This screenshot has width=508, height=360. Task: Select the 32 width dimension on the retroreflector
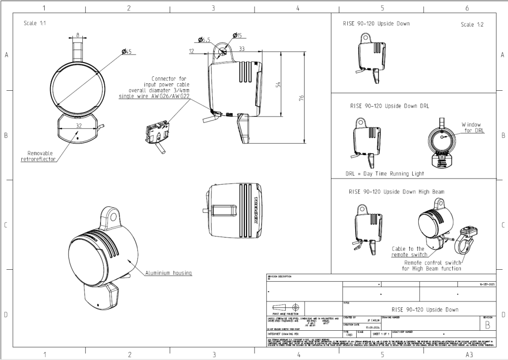79,125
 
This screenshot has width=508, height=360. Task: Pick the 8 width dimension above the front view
78,35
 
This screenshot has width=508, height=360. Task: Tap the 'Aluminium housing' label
168,273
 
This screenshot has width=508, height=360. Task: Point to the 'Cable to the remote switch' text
408,251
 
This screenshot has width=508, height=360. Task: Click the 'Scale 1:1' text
37,23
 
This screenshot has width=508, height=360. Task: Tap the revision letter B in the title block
487,325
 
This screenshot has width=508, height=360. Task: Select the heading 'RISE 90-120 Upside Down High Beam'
396,191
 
